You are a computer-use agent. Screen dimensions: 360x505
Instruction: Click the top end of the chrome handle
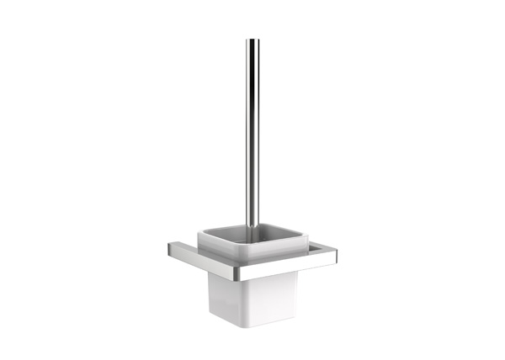252,40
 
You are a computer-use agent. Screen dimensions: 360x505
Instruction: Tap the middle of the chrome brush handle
252,135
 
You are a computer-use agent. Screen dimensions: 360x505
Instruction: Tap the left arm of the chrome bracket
183,251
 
